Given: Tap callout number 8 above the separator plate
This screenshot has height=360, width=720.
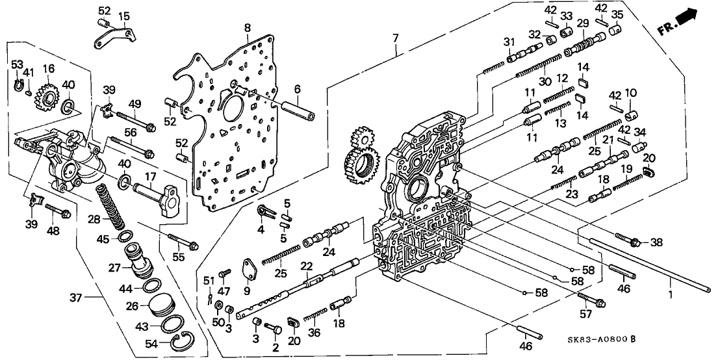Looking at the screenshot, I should click(248, 27).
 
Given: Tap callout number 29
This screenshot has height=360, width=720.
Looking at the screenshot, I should click(582, 23).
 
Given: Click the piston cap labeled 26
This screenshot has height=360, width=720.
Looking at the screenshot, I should click(159, 306).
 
